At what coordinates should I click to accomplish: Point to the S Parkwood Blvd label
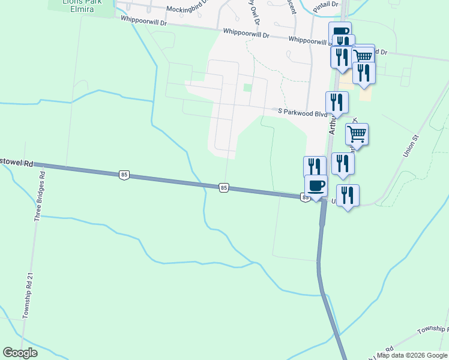[x=302, y=112]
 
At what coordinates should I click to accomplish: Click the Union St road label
[x=411, y=146]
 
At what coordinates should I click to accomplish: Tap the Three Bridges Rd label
[x=40, y=197]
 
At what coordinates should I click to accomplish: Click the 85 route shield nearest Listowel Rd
[x=124, y=175]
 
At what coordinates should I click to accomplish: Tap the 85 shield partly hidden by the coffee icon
[x=305, y=197]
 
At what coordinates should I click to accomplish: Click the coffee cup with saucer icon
[x=316, y=185]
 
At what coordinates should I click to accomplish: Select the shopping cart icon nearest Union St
[x=357, y=134]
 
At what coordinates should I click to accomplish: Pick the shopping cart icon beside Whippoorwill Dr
[x=363, y=56]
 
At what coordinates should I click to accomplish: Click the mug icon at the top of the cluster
[x=340, y=32]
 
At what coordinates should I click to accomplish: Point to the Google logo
[x=20, y=353]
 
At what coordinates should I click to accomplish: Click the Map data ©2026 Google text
[x=412, y=355]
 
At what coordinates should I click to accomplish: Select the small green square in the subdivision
[x=247, y=88]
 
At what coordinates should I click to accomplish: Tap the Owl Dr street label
[x=256, y=12]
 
